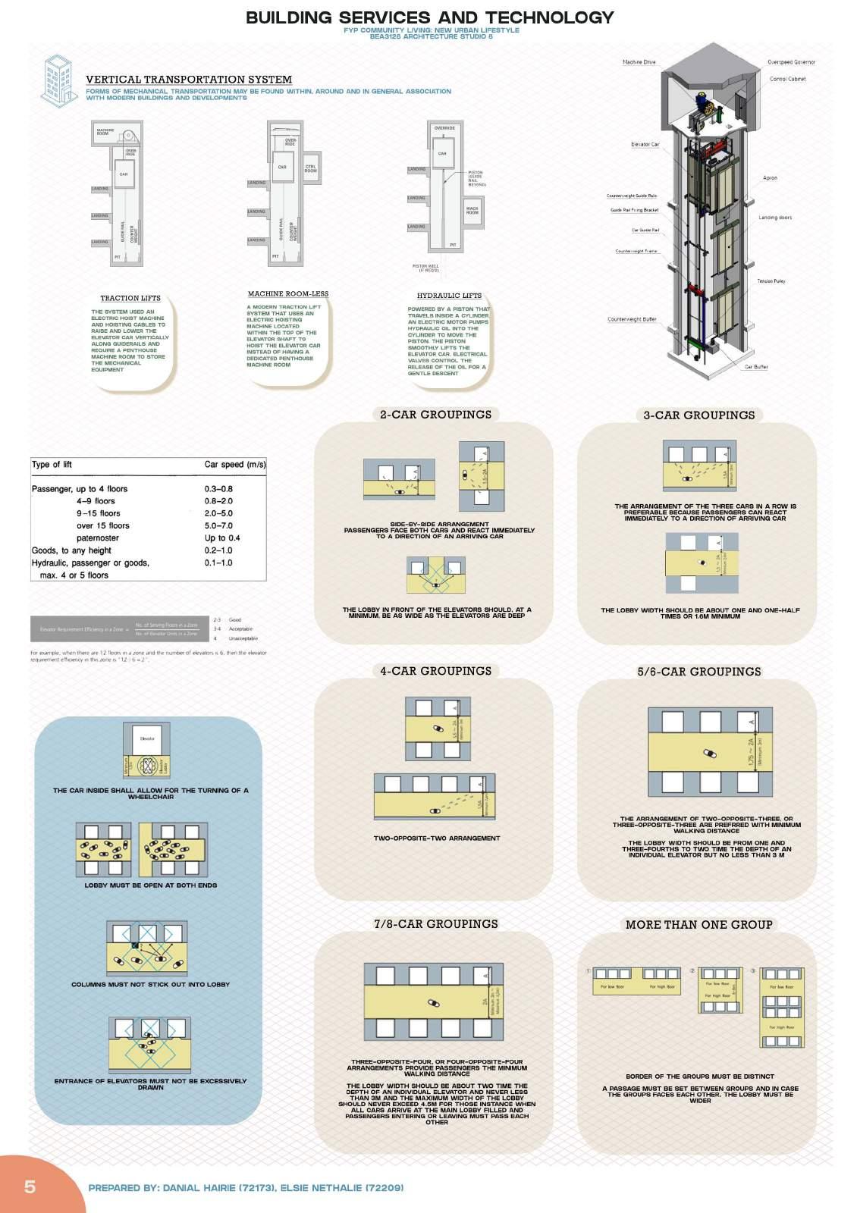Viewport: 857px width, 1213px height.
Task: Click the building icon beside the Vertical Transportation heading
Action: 59,79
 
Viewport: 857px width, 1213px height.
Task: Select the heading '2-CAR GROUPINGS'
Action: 435,415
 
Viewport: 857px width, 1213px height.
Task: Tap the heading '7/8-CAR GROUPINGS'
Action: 435,924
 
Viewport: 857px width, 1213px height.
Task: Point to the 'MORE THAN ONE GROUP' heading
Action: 698,925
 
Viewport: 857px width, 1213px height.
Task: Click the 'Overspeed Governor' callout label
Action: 791,62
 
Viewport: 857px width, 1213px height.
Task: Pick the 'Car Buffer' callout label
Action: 755,367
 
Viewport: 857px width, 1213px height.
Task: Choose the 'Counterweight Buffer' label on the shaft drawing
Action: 632,319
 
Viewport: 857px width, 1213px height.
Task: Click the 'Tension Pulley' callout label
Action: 771,281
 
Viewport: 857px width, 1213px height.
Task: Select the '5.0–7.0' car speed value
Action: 218,525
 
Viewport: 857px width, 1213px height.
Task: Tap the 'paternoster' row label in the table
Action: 98,538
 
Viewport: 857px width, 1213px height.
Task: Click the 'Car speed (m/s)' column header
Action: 235,465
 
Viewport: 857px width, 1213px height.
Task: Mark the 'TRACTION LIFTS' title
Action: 130,299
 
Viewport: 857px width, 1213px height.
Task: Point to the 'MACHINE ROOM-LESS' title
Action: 288,294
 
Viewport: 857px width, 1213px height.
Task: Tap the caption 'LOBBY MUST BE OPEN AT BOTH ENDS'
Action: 151,885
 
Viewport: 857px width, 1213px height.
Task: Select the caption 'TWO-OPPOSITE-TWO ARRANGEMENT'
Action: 437,838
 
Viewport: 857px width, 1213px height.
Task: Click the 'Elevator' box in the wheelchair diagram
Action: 147,738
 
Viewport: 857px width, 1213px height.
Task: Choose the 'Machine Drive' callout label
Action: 639,62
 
